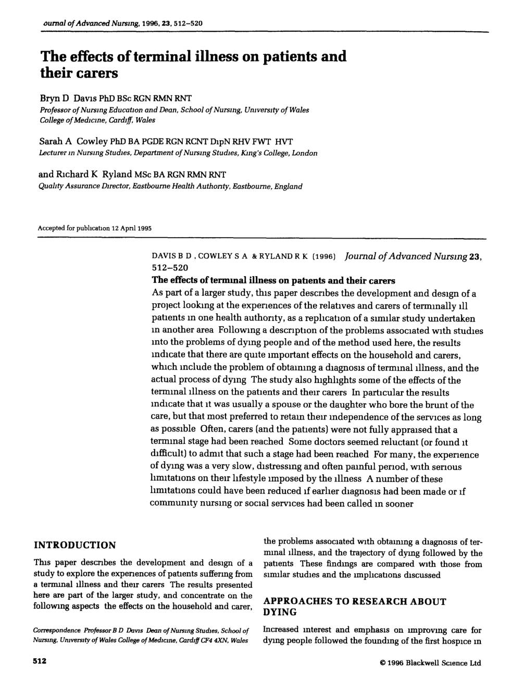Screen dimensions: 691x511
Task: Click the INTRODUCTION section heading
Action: point(74,545)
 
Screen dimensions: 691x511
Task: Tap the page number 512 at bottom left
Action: point(39,661)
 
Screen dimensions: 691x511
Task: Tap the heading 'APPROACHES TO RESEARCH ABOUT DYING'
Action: point(354,606)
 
